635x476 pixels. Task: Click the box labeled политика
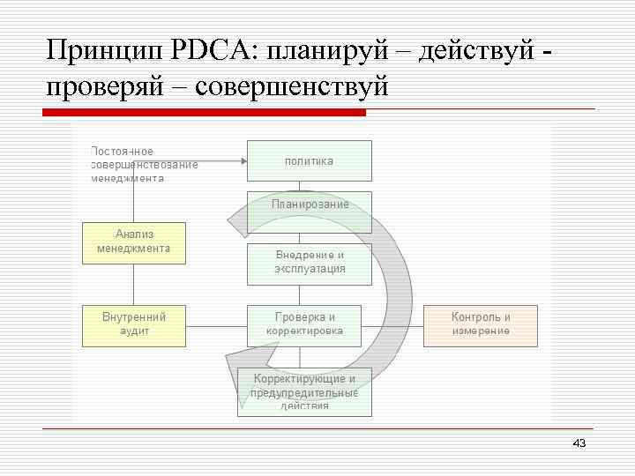[x=309, y=160]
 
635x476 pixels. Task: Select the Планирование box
[x=309, y=204]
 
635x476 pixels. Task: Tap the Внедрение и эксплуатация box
[x=309, y=262]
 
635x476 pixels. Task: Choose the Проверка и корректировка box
[x=309, y=324]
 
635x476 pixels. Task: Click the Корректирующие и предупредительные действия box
[x=305, y=391]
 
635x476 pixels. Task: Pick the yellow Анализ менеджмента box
[x=133, y=242]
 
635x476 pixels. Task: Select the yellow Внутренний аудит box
[x=133, y=324]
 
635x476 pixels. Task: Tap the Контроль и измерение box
[x=480, y=324]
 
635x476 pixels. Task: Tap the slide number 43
[x=579, y=443]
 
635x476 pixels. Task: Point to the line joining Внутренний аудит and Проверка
[x=216, y=325]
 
